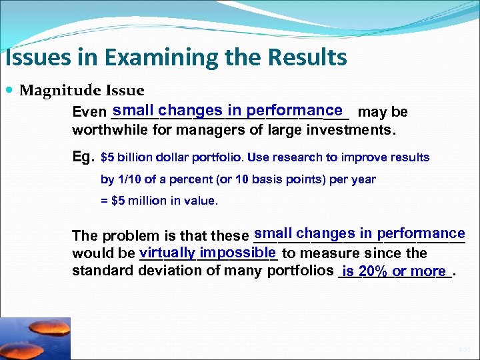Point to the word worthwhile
pos(110,130)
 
